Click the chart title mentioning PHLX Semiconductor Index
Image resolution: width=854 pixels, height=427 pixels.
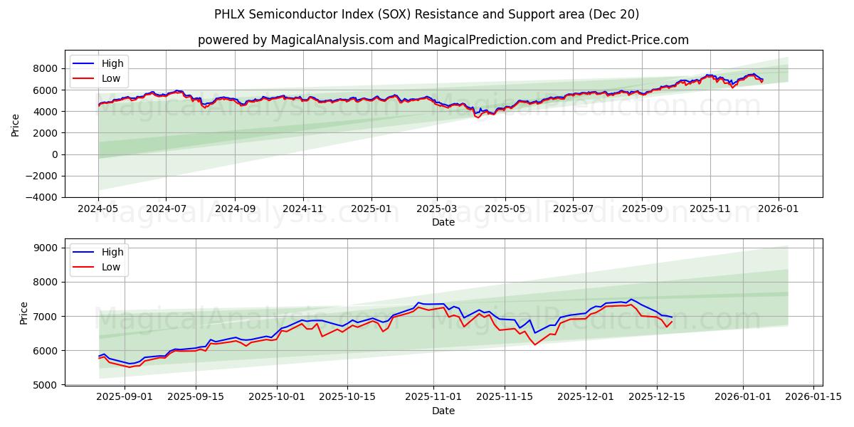coord(426,14)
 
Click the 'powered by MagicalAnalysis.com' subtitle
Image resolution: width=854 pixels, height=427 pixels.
coord(443,40)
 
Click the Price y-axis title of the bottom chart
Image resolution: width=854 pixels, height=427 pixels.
coord(24,312)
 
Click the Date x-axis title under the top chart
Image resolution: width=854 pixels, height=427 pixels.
coord(443,222)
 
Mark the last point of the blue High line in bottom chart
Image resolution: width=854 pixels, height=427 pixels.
coord(672,317)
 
